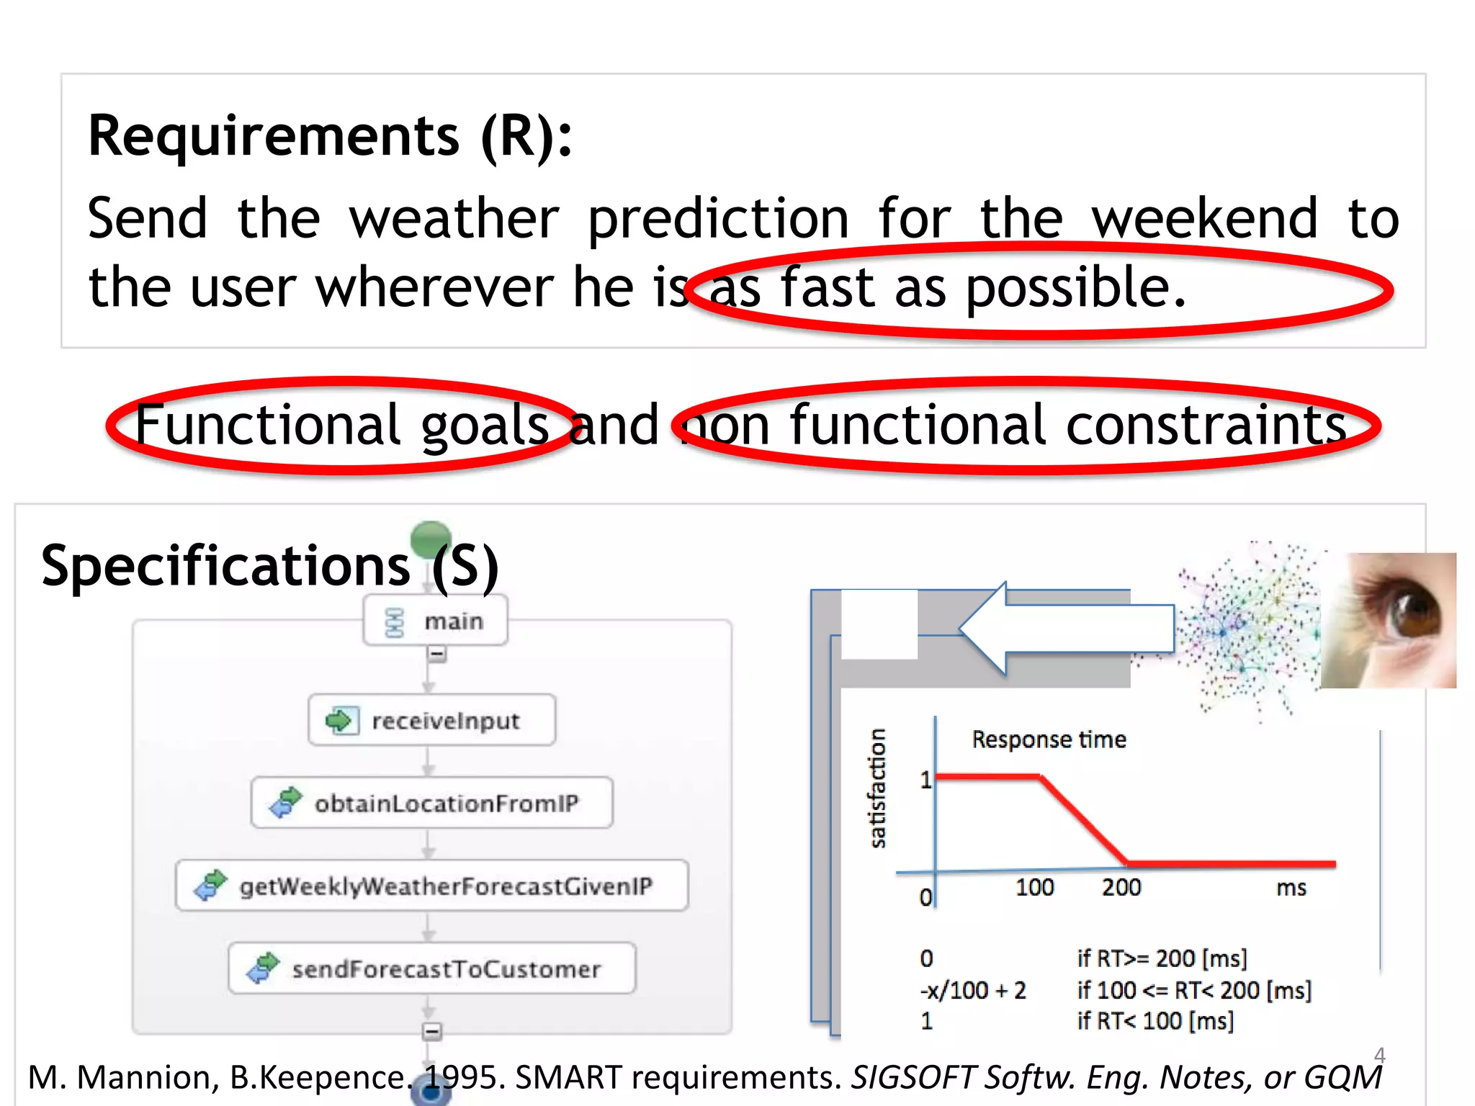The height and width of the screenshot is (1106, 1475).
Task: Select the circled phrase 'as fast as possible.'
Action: pos(946,288)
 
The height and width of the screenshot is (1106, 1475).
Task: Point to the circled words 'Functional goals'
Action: pos(341,425)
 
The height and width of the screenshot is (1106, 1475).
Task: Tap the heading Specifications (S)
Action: pos(269,566)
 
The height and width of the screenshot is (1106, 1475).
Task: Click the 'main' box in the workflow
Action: pos(436,621)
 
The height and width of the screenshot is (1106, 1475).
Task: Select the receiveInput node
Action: pos(432,720)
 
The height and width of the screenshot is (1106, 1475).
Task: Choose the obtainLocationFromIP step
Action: pos(432,803)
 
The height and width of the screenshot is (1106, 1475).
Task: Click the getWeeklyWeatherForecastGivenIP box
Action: pos(432,886)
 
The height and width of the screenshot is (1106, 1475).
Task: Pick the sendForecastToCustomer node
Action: pos(432,968)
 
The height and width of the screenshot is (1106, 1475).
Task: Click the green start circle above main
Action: pos(431,537)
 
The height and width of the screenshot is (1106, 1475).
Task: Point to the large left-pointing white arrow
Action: pos(1066,629)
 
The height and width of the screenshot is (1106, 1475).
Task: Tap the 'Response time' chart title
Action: pos(1049,739)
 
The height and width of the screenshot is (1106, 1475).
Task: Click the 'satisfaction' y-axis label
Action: pos(877,788)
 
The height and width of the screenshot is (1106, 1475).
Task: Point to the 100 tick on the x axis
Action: pos(1034,887)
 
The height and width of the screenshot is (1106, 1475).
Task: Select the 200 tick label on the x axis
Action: pos(1121,887)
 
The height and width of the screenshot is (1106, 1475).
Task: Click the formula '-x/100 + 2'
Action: pos(972,990)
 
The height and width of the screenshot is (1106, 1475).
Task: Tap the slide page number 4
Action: pos(1379,1055)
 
